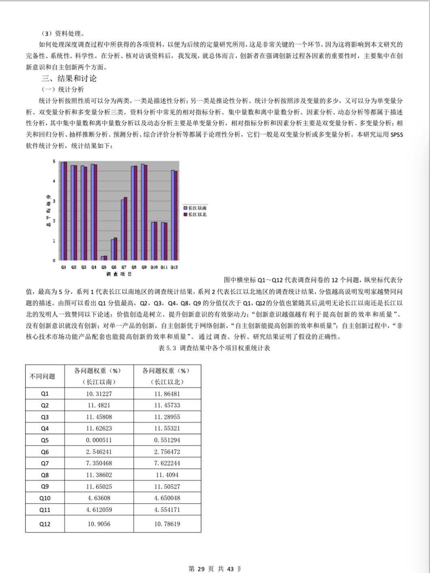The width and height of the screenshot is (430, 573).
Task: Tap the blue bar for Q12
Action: (173, 215)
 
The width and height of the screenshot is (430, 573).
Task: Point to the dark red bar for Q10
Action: (156, 241)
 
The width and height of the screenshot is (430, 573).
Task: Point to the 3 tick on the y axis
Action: (54, 201)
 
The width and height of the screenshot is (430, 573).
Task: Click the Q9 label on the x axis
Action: (144, 267)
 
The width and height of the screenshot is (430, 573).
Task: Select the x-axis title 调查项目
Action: (119, 274)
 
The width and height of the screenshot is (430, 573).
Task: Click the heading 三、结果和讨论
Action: (69, 78)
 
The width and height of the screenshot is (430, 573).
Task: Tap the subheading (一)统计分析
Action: (62, 90)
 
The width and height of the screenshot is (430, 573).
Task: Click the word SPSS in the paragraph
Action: (396, 135)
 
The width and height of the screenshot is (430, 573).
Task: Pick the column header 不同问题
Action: (43, 376)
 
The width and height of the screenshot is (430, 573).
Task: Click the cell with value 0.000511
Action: (99, 440)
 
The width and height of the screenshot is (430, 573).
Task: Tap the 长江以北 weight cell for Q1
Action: (167, 394)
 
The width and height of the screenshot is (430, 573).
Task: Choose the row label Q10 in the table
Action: (45, 498)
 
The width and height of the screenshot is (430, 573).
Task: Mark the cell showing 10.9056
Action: (99, 524)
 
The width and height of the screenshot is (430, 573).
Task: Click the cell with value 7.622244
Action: (167, 463)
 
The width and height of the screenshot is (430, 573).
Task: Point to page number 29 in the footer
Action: (201, 569)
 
